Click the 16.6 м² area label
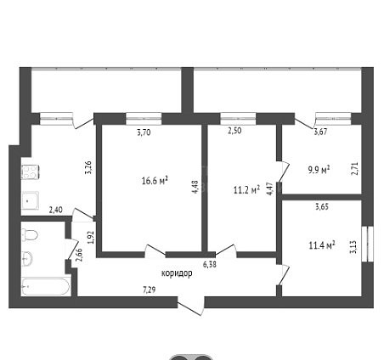[x=155, y=181]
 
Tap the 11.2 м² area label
[x=246, y=190]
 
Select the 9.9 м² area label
[x=319, y=170]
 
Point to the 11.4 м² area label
[x=322, y=245]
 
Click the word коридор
[x=177, y=273]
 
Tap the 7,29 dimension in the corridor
[x=150, y=290]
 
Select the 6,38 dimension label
[x=210, y=265]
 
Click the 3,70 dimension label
[x=144, y=132]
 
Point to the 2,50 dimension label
[x=234, y=131]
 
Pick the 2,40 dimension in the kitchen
[x=56, y=210]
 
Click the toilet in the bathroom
[x=30, y=235]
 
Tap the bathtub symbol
[x=45, y=287]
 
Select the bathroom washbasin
[x=27, y=259]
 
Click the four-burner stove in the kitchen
[x=30, y=172]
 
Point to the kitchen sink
[x=31, y=200]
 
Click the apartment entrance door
[x=190, y=306]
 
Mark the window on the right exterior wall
[x=368, y=244]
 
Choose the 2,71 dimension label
[x=356, y=168]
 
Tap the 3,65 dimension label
[x=322, y=206]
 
